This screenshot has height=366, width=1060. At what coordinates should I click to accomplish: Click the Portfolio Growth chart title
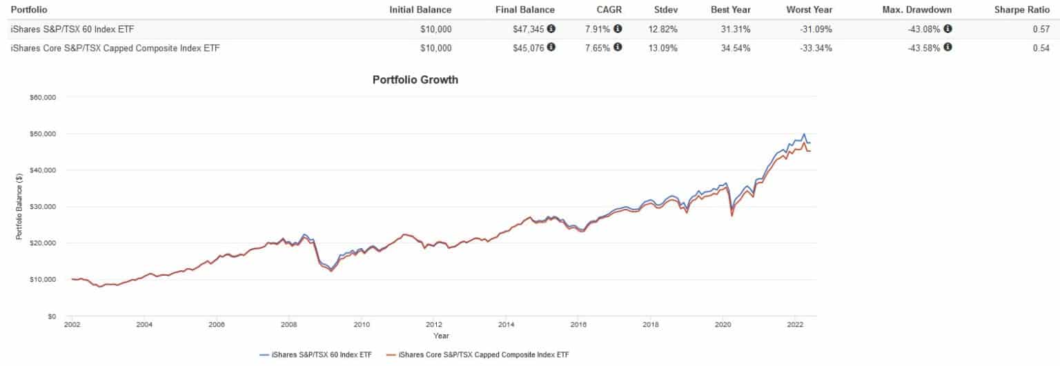[x=415, y=80]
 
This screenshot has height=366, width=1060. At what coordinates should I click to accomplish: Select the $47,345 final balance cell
[x=529, y=29]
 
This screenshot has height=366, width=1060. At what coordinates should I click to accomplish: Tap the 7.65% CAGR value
[x=598, y=48]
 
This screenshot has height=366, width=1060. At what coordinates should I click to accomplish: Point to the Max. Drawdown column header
[x=917, y=10]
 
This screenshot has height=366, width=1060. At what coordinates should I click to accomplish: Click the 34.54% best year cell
[x=736, y=48]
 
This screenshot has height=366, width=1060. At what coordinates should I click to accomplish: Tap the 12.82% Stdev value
[x=663, y=29]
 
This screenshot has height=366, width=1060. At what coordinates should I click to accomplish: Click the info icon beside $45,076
[x=551, y=48]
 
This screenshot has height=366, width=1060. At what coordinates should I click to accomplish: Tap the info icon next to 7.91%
[x=618, y=29]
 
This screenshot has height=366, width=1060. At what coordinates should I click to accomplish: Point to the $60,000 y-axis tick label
[x=43, y=97]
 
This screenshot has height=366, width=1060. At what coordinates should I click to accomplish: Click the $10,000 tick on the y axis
[x=43, y=280]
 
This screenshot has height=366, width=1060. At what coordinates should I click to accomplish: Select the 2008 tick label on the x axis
[x=288, y=323]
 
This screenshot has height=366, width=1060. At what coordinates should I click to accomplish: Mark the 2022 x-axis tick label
[x=794, y=323]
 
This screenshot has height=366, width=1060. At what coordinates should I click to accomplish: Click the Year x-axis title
[x=441, y=336]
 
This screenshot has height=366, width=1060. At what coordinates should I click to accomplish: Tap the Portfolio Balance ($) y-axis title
[x=19, y=207]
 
